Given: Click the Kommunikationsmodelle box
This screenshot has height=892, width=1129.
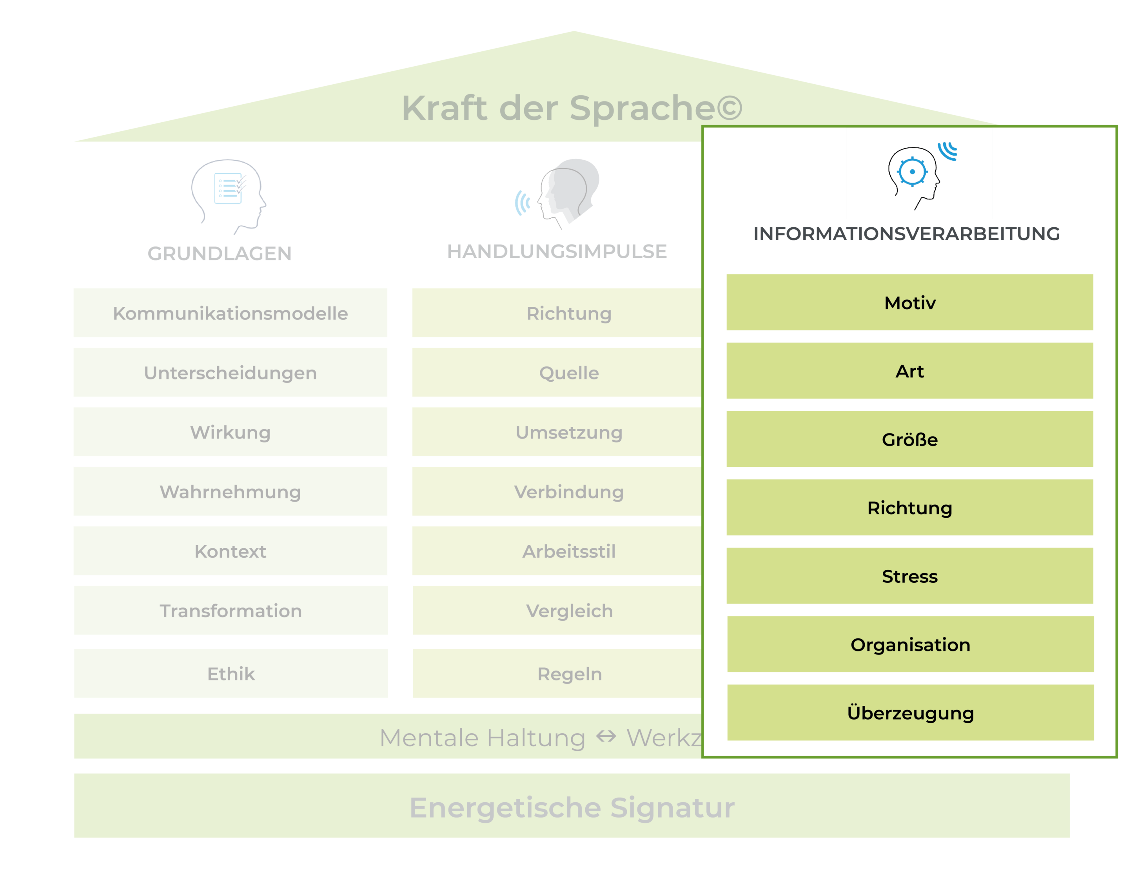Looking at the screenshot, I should point(231,313).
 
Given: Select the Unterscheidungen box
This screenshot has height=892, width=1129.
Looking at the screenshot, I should point(231,372).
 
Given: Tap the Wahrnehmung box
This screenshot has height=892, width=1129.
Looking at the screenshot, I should point(231,491).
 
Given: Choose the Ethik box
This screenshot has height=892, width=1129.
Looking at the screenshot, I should point(231,673).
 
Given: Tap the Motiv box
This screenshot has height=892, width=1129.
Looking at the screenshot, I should point(909,303).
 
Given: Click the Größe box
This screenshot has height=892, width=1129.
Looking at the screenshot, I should point(909,439).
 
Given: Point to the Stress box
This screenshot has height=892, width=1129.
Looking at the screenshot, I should point(909,576).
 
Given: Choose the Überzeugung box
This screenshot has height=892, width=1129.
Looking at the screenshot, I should point(910,713).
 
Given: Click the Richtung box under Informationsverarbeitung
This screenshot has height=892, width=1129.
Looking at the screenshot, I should point(909,508).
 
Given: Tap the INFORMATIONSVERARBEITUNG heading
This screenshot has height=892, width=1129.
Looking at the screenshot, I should point(906,234).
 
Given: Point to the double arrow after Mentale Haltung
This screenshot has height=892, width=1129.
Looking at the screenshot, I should point(606,736).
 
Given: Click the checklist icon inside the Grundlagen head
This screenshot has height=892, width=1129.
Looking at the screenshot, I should point(228,188).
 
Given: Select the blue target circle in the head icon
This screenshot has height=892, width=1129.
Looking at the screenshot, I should point(912,171).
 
